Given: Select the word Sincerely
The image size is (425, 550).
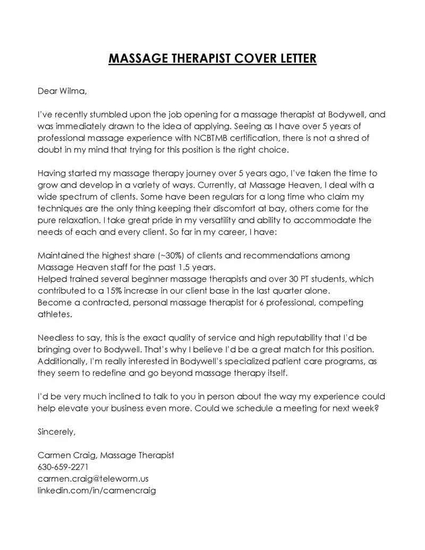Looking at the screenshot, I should coord(56,431).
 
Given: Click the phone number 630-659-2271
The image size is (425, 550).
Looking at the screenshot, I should coord(63,467).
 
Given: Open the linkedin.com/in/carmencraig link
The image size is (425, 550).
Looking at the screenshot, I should coord(96,490).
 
